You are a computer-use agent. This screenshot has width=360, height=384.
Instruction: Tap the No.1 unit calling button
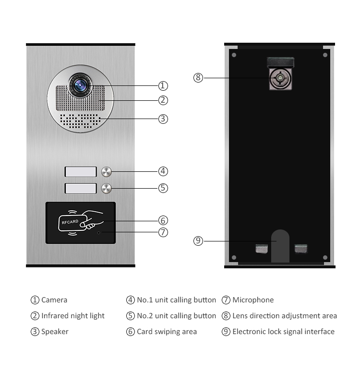[x=107, y=171]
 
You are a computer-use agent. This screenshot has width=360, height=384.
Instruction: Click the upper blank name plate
[x=81, y=171]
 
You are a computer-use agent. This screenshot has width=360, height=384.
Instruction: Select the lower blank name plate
[x=81, y=188]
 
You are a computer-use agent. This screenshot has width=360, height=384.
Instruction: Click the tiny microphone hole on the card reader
[x=98, y=232]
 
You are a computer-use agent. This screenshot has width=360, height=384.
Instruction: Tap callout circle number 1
[x=163, y=86]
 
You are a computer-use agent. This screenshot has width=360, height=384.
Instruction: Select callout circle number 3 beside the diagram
[x=163, y=119]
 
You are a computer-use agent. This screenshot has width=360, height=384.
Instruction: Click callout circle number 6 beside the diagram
[x=163, y=220]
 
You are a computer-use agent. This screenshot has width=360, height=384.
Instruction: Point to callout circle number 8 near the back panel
[x=198, y=78]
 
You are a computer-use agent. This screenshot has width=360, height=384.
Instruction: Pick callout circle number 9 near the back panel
[x=198, y=241]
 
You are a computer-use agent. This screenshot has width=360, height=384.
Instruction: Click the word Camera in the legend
[x=54, y=300]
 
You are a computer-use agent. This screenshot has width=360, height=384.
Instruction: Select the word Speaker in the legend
[x=55, y=332]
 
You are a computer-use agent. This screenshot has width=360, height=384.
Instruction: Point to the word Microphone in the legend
[x=253, y=300]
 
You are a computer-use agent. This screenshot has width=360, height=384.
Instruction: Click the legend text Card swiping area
[x=167, y=332]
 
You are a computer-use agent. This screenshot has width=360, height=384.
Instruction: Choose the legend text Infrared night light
[x=72, y=316]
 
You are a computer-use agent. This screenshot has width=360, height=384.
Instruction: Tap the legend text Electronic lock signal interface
[x=283, y=332]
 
